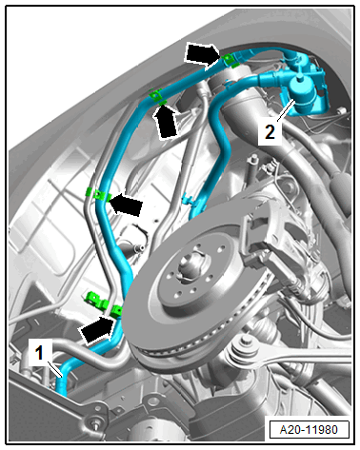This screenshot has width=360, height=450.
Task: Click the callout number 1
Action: tap(39, 353)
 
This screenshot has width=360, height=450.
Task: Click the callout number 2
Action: tap(270, 132)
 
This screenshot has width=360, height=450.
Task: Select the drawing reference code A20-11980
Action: tap(309, 430)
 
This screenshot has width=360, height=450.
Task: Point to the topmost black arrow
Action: tap(202, 55)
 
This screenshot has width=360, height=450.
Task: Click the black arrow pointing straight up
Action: tap(165, 122)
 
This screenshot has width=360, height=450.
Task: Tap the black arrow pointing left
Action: tap(125, 205)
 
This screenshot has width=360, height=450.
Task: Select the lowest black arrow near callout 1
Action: tap(97, 330)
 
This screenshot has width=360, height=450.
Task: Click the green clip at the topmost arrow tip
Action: tap(229, 60)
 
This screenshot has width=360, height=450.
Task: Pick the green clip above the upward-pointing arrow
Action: tap(156, 96)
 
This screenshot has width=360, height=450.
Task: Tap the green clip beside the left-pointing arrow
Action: tap(99, 195)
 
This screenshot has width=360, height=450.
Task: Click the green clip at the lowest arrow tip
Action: tap(116, 311)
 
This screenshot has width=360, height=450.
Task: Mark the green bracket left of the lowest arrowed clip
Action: tap(96, 301)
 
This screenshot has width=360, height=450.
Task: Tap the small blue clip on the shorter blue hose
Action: tap(189, 201)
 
